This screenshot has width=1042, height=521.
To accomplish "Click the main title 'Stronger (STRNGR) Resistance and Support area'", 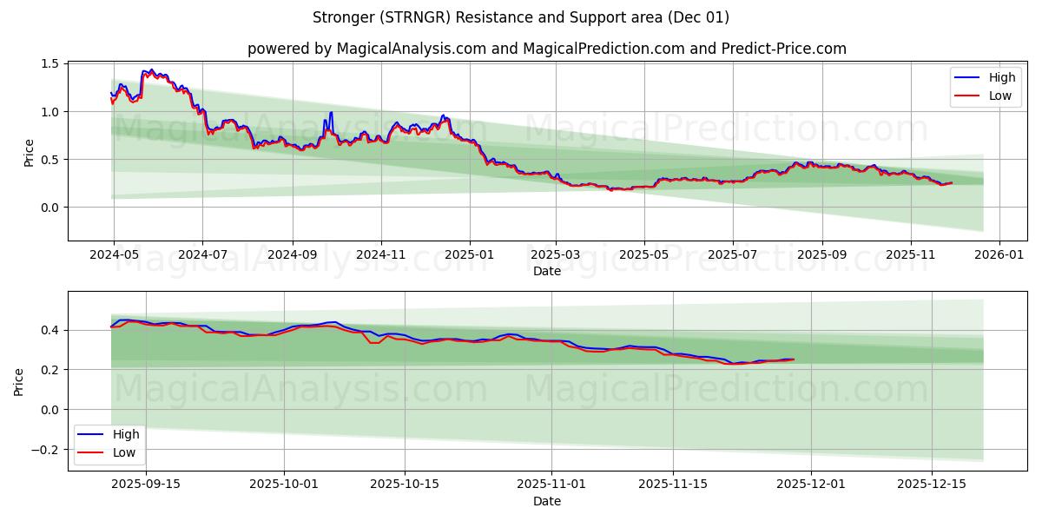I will point(520,17).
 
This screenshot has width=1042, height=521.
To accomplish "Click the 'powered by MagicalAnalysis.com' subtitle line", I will point(546,49).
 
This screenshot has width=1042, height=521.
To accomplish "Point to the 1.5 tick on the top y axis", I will point(49,64).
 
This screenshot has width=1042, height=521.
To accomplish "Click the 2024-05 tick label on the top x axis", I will point(113,256).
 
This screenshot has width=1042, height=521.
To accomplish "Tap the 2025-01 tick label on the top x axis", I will point(470,256).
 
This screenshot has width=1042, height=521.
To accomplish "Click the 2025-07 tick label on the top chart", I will point(732,256).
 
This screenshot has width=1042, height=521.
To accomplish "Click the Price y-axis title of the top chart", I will point(29,153).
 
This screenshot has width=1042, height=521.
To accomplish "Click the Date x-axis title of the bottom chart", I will point(546,501).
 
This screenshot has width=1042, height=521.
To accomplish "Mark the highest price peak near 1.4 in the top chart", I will point(151,70).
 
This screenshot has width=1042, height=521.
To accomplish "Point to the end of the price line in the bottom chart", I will point(793,359).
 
